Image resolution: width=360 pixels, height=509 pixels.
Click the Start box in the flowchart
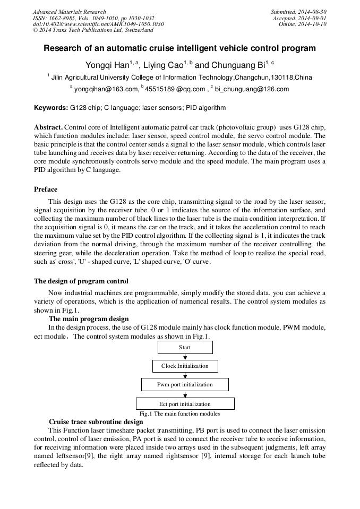(x=185, y=348)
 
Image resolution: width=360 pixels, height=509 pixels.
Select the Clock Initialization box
(x=185, y=366)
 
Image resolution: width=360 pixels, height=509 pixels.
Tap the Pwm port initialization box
(x=185, y=384)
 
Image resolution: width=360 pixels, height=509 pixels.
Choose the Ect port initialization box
(x=185, y=404)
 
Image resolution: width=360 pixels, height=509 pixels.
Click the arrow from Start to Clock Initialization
(x=185, y=357)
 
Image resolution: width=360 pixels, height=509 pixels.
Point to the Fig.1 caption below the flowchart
(x=179, y=413)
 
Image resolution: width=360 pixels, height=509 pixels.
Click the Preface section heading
(x=46, y=189)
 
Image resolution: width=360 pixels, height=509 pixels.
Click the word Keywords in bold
(x=51, y=108)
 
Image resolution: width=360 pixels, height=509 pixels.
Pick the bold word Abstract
(x=48, y=128)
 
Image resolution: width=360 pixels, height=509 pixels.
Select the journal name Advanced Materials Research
(x=70, y=12)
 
